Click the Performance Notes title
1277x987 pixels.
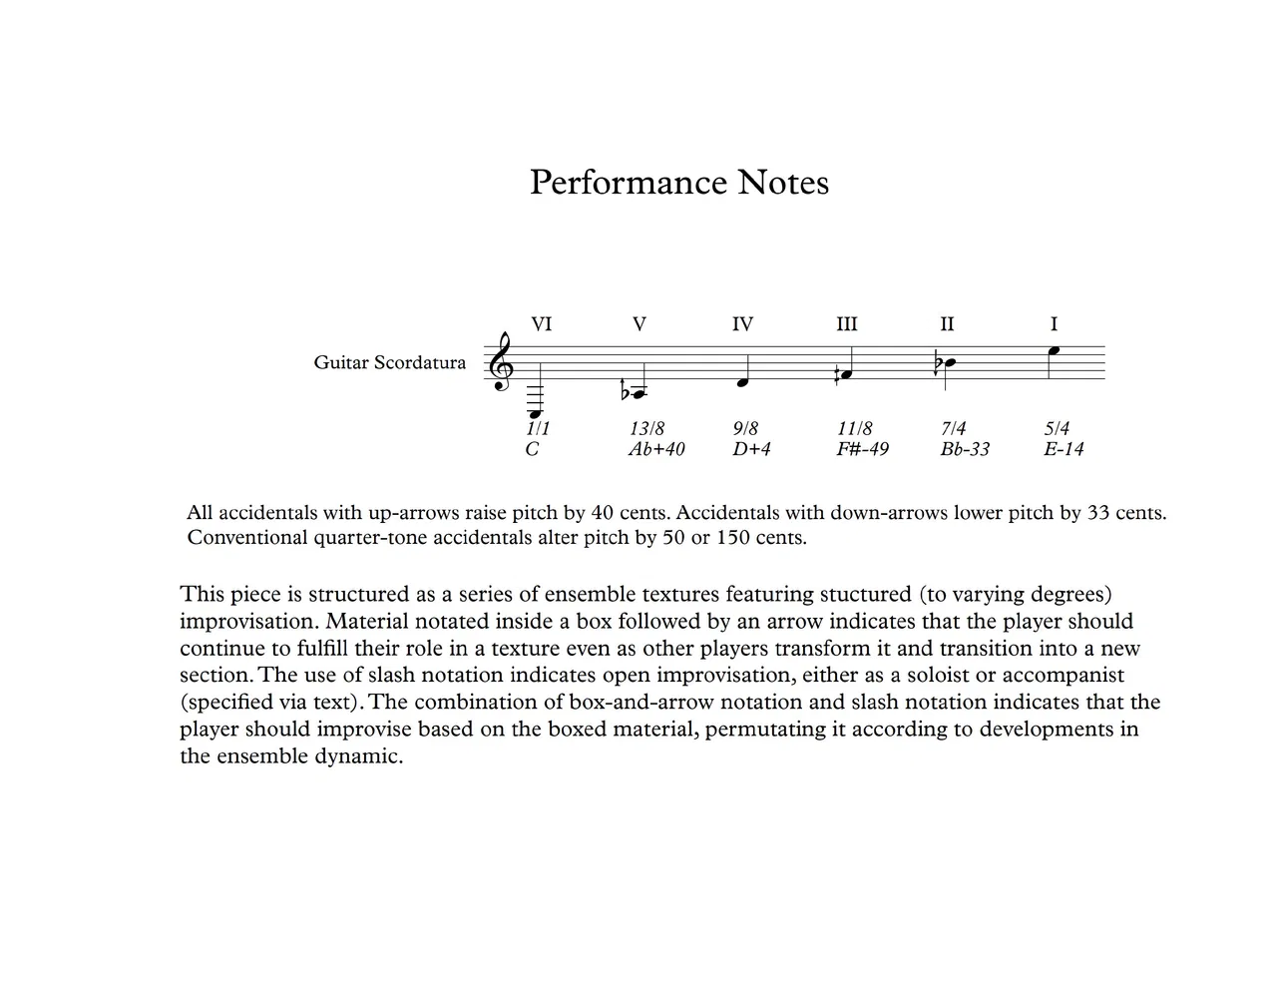tap(678, 183)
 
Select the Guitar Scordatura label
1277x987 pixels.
tap(389, 362)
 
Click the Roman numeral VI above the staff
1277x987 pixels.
tap(541, 324)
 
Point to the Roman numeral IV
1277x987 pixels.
tap(742, 324)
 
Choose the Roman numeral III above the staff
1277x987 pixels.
tap(846, 324)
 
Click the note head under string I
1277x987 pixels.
tap(1053, 351)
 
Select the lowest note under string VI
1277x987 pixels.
tap(536, 412)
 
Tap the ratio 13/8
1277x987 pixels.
tap(646, 429)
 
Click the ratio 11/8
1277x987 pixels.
tap(854, 429)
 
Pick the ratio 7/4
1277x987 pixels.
tap(953, 429)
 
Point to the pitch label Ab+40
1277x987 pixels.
tap(656, 449)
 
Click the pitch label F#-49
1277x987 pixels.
tap(862, 449)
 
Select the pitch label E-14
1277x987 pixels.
tap(1064, 449)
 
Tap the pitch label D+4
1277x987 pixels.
tap(751, 449)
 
